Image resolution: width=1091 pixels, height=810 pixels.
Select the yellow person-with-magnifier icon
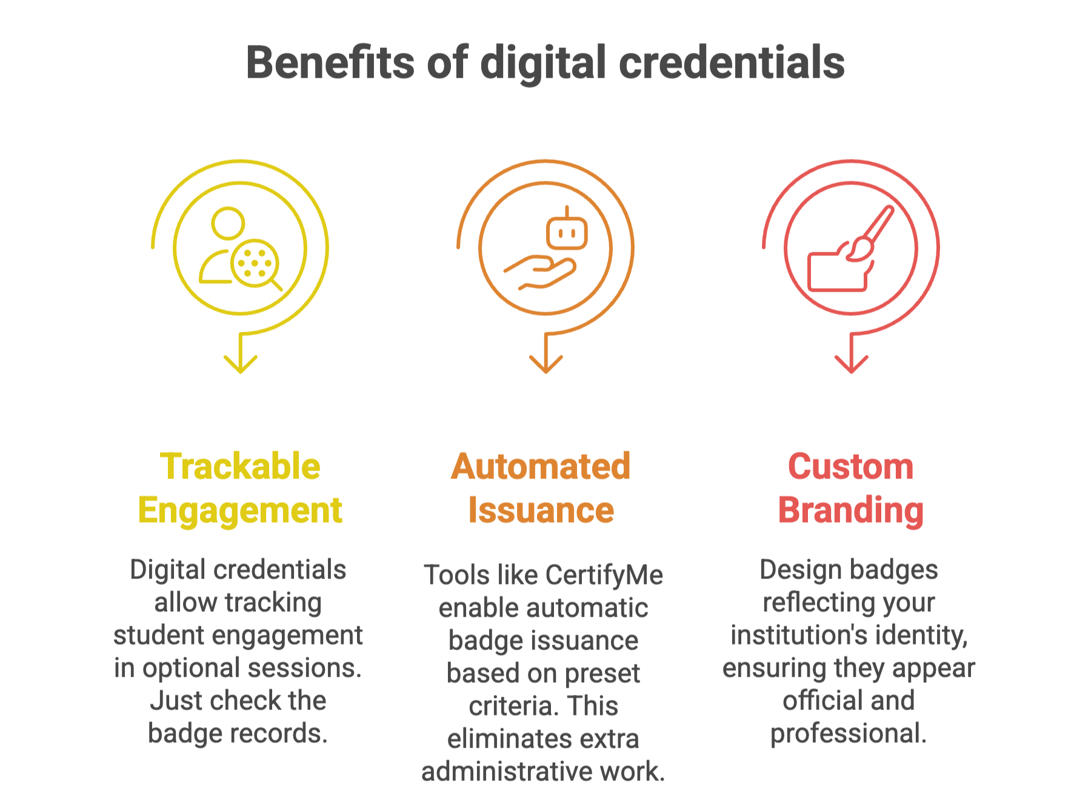[x=240, y=248]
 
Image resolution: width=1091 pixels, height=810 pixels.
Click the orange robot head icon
[x=567, y=231]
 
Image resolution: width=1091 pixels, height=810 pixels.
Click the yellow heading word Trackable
[x=240, y=466]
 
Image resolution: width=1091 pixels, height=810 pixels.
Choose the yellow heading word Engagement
[x=240, y=510]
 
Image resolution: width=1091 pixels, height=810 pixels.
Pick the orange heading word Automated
[x=541, y=466]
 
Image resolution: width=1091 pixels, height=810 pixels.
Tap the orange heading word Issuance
[x=541, y=510]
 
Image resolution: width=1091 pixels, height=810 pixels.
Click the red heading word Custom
[x=850, y=466]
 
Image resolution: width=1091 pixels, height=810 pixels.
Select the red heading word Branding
[x=850, y=510]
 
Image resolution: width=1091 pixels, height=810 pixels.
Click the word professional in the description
[x=848, y=734]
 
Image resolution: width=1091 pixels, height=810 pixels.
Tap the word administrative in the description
[x=507, y=771]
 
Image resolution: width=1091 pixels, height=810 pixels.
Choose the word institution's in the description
[x=798, y=635]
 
